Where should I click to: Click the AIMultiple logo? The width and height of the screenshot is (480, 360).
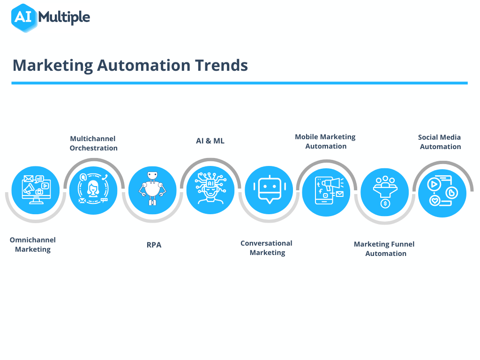coord(50,18)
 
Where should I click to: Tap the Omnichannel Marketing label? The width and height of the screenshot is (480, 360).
coord(33,245)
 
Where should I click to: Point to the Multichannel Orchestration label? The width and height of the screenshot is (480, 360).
coord(93,143)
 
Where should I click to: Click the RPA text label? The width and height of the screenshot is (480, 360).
coord(154,245)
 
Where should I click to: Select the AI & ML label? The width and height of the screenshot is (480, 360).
coord(210,141)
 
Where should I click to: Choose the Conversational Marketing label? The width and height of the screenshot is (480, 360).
coord(267,248)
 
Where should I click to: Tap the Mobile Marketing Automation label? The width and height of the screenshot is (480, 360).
coord(325,142)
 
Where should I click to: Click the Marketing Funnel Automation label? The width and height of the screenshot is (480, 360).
coord(384,249)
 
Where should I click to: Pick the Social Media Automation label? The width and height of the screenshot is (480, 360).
coord(440,142)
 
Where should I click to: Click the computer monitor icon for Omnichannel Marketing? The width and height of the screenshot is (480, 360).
coord(35,190)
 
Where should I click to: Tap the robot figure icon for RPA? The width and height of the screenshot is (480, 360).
coord(152,190)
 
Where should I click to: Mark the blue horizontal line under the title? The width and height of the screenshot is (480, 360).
coord(240,83)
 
